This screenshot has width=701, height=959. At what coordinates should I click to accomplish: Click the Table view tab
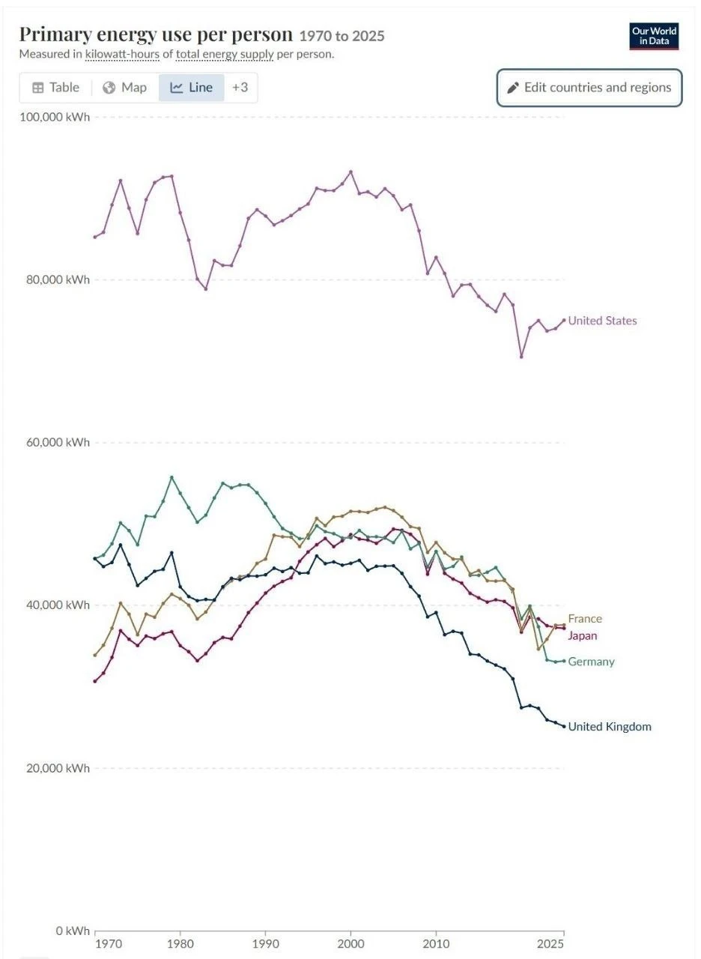[x=55, y=88]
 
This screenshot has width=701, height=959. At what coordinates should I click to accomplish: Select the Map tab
[x=124, y=88]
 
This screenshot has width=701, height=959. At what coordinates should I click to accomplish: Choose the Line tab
[x=191, y=88]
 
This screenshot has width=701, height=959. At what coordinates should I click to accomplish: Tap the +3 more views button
[x=240, y=88]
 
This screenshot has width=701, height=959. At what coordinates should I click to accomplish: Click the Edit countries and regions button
[x=589, y=88]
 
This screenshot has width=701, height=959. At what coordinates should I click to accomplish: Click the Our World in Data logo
[x=654, y=37]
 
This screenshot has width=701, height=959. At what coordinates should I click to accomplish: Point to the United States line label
[x=602, y=321]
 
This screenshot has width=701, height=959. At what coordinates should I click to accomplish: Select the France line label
[x=585, y=619]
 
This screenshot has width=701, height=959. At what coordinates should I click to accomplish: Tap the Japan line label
[x=583, y=636]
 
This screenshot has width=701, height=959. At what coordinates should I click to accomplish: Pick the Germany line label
[x=591, y=662]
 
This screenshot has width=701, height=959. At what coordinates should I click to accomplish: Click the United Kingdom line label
[x=610, y=727]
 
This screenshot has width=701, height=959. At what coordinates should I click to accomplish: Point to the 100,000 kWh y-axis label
[x=55, y=118]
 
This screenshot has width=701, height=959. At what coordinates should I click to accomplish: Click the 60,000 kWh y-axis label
[x=58, y=443]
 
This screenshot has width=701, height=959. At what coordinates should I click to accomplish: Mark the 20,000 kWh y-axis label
[x=58, y=768]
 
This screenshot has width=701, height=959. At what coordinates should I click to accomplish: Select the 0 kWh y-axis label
[x=73, y=931]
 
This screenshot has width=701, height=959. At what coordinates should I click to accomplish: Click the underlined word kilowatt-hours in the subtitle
[x=122, y=55]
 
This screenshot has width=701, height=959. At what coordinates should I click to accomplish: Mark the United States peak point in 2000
[x=351, y=172]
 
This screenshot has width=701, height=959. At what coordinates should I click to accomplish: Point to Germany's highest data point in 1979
[x=172, y=477]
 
